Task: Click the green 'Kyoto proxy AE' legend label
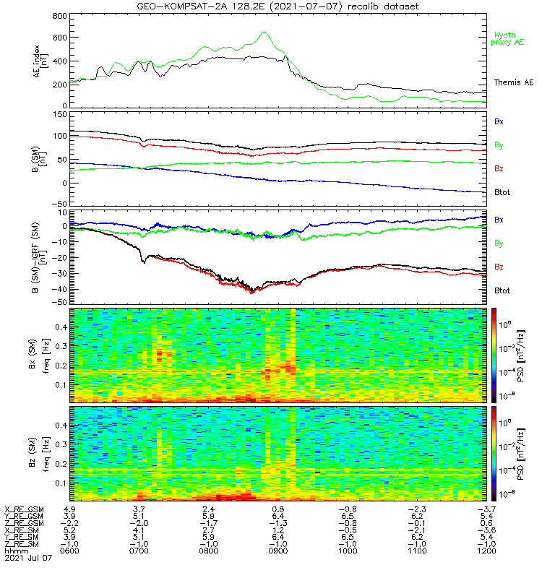click(507, 39)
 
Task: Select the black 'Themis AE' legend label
click(514, 82)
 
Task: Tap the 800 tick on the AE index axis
click(60, 16)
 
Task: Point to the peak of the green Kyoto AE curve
click(264, 32)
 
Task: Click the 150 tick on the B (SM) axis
click(60, 114)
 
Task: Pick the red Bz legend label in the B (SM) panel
click(499, 168)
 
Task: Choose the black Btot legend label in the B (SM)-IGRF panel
click(502, 290)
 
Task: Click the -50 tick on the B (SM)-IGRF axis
click(59, 302)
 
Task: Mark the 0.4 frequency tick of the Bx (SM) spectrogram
click(61, 327)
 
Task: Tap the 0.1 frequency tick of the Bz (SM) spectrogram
click(61, 483)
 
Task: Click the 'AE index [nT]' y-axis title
click(40, 61)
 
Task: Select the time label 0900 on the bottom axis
click(278, 551)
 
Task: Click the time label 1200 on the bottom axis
click(486, 551)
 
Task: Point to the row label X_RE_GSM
click(24, 509)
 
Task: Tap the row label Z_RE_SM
click(22, 544)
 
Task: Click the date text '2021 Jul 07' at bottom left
click(28, 558)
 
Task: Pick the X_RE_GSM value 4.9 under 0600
click(69, 509)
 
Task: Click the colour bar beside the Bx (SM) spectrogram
click(494, 355)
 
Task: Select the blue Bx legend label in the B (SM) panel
click(499, 121)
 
